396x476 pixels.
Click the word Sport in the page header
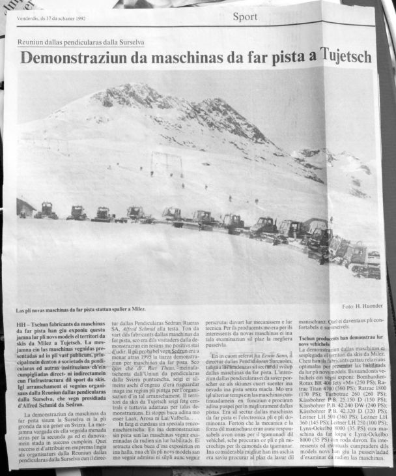coord(245,17)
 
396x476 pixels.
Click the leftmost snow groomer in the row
coord(46,211)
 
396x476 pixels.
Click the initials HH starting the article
coord(20,322)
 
